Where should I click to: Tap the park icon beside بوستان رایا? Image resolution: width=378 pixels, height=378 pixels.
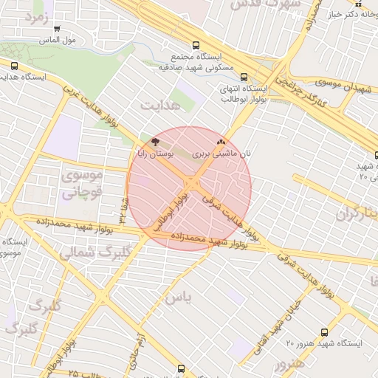click(x=154, y=141)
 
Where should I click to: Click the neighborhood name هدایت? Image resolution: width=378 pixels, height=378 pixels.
click(x=160, y=106)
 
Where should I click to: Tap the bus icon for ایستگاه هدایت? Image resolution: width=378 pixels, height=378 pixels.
click(x=15, y=66)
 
